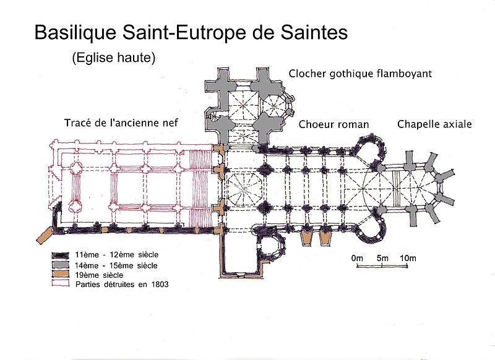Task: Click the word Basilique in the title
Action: (75, 32)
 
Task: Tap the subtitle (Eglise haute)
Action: (114, 58)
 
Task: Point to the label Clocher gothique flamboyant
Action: (360, 74)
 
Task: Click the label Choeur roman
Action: (334, 124)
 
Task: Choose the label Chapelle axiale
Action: (434, 124)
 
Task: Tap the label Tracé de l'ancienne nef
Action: (121, 122)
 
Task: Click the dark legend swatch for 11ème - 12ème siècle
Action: (60, 255)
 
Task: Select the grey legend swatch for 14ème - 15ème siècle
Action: (60, 264)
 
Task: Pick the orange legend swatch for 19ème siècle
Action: (60, 273)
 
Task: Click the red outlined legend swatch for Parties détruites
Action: (60, 283)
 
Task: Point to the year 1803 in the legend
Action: (160, 285)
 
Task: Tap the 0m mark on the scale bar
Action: (357, 258)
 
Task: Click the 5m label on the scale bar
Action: (382, 258)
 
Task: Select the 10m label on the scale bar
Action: (408, 258)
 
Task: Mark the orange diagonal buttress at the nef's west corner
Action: (45, 235)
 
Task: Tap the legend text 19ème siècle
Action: (99, 275)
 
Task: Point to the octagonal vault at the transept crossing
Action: (243, 189)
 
